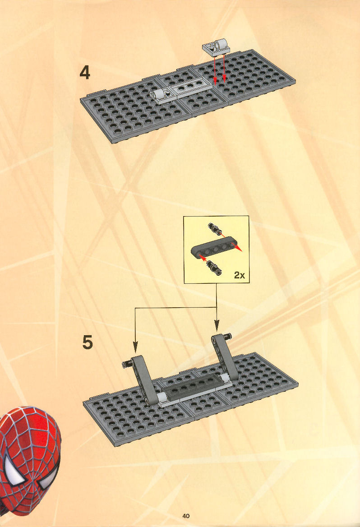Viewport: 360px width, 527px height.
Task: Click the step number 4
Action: (85, 73)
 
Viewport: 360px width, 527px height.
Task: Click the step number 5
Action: (87, 342)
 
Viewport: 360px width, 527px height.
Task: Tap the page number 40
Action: (186, 516)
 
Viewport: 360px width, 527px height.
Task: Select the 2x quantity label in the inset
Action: (240, 275)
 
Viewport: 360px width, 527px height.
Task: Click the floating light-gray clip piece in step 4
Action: (216, 47)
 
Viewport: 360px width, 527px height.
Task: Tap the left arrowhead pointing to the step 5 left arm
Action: (135, 347)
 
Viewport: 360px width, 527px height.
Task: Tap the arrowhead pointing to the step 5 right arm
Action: (217, 325)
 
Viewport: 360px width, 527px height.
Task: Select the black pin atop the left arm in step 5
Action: (127, 363)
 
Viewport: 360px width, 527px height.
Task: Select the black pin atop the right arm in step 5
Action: (227, 335)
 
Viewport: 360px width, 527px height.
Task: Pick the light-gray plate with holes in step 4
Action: (189, 88)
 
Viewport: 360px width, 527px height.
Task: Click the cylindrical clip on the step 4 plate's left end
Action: (160, 95)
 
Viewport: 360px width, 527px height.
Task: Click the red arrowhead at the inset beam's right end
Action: (238, 248)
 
